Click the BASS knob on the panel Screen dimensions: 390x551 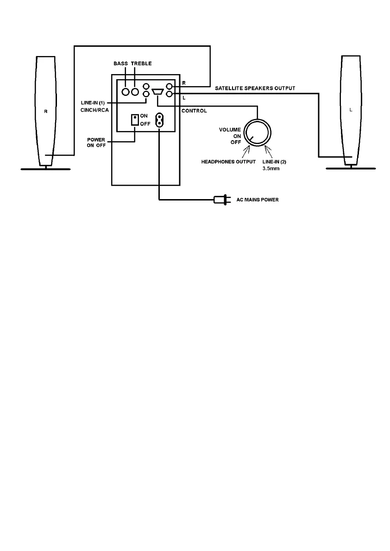point(126,92)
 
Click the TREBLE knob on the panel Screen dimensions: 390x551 point(135,92)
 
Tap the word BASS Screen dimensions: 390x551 point(122,63)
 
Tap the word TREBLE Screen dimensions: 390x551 point(141,63)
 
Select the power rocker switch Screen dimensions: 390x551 point(135,120)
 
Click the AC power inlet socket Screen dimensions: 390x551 point(159,120)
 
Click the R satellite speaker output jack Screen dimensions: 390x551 point(170,87)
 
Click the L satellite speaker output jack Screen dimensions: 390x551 point(170,94)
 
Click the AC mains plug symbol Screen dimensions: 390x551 point(220,200)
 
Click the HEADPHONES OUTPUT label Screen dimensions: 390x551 point(228,162)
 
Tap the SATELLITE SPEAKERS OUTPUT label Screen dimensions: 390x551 point(255,88)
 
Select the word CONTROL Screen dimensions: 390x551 point(194,111)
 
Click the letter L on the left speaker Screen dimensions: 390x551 point(350,110)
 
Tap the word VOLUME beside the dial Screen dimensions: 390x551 point(230,130)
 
